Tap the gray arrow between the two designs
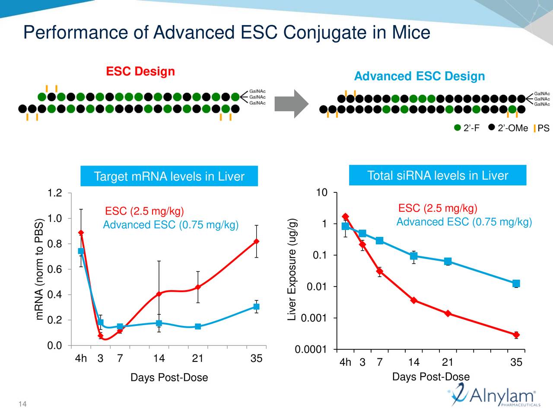click(292, 104)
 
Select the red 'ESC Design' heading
click(140, 71)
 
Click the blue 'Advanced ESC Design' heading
click(419, 77)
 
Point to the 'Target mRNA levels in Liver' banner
click(169, 176)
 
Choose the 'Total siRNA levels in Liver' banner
click(437, 176)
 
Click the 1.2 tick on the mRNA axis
click(55, 193)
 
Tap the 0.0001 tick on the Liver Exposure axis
click(310, 350)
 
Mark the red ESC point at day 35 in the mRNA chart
click(256, 241)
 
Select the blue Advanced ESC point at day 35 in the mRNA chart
click(256, 306)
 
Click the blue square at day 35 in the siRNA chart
click(516, 284)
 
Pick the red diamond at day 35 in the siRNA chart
click(516, 335)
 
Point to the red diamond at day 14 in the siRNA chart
click(413, 300)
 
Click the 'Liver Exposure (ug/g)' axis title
click(292, 270)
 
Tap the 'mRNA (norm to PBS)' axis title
click(40, 270)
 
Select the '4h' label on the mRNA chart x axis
click(81, 359)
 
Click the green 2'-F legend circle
click(458, 128)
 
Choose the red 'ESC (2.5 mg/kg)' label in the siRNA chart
click(437, 209)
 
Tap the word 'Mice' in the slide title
click(411, 33)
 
